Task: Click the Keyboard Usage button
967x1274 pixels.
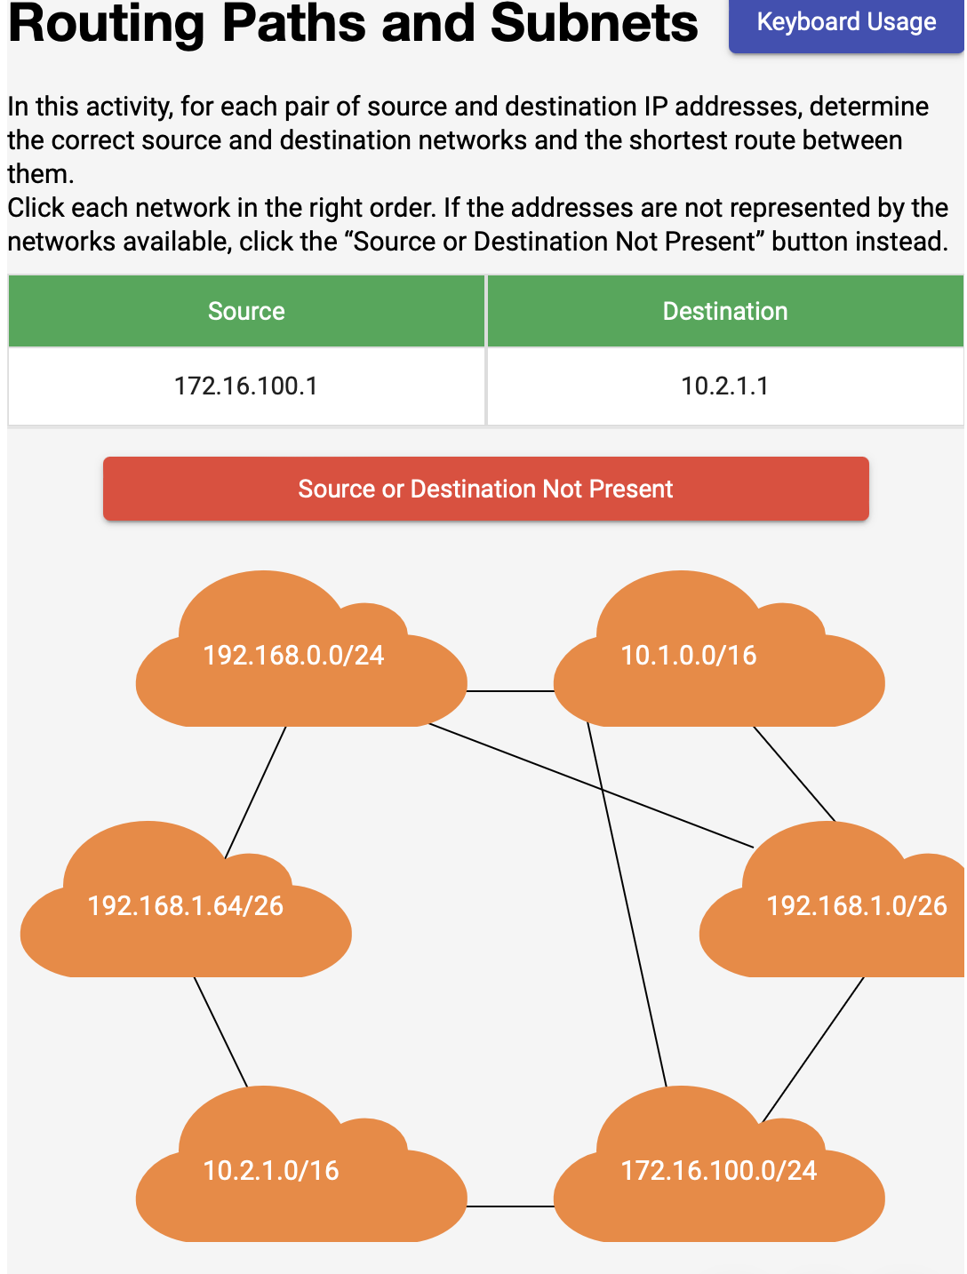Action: tap(845, 23)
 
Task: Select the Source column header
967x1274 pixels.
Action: tap(246, 311)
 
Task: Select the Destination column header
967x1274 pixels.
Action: tap(725, 311)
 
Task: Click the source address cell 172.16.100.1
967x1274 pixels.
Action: tap(246, 386)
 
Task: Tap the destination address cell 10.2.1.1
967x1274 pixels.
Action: tap(725, 386)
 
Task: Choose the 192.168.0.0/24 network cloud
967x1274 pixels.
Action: tap(294, 666)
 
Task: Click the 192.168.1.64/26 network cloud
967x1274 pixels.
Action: tap(186, 915)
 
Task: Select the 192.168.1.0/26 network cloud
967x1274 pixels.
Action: tap(844, 915)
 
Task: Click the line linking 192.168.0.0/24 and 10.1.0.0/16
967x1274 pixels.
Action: tap(510, 691)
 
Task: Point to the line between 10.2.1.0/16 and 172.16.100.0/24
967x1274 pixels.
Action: tap(510, 1206)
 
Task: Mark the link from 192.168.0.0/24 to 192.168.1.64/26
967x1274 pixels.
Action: tap(256, 792)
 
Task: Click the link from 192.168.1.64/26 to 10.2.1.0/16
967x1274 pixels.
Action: tap(220, 1031)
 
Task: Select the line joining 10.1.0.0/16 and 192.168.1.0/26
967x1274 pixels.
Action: tap(794, 774)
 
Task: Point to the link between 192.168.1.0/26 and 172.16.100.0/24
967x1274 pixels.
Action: tap(813, 1048)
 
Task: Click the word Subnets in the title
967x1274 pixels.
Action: tap(594, 23)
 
